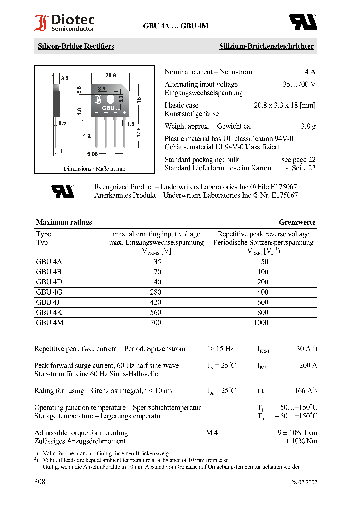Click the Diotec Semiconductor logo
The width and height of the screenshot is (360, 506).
[64, 23]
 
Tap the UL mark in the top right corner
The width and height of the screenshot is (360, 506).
[303, 22]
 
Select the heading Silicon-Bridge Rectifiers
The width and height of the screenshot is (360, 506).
[76, 46]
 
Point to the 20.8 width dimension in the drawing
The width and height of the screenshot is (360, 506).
[111, 75]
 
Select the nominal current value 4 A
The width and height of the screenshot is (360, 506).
[310, 72]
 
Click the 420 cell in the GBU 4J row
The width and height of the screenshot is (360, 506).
[156, 302]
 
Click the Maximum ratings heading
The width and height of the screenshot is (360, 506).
[64, 222]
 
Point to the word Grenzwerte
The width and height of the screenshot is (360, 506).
[297, 222]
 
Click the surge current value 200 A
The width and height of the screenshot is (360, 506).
[308, 366]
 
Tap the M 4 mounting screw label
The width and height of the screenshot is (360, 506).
[212, 433]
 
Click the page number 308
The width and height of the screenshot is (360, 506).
[40, 482]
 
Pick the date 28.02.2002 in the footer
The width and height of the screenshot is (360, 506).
[304, 483]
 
